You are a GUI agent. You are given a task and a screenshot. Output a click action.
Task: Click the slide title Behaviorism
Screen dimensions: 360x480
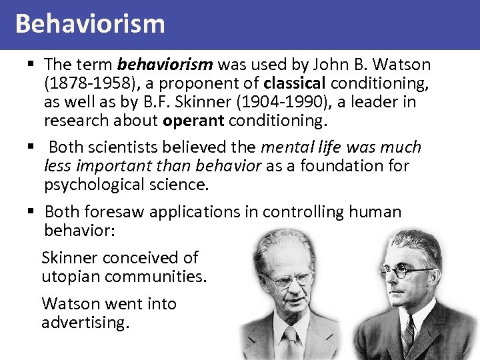(x=89, y=24)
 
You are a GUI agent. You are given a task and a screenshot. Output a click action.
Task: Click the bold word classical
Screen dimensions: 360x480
(x=295, y=85)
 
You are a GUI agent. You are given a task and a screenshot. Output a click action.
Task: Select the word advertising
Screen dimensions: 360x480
(x=85, y=322)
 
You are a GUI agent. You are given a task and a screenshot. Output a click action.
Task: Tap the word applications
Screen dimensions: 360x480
(x=203, y=212)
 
